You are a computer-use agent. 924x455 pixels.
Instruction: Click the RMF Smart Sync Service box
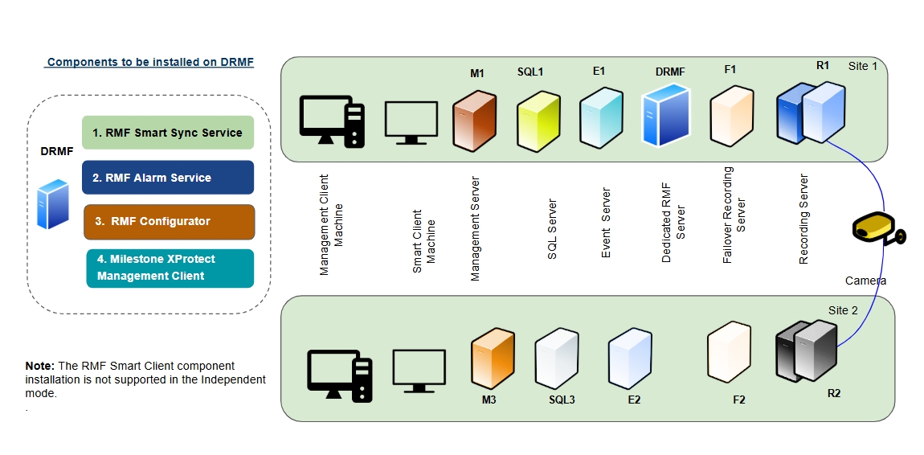coord(167,133)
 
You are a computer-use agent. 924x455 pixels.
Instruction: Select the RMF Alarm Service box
coord(167,178)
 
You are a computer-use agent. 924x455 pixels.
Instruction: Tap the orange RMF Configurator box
coord(169,222)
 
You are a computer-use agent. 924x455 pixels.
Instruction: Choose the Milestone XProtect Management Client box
coord(170,268)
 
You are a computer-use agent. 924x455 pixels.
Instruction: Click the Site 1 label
coord(863,66)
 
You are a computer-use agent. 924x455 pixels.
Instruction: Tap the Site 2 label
coord(843,310)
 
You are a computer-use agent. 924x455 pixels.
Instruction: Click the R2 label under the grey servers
coord(834,393)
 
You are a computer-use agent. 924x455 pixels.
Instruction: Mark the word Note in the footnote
coord(40,366)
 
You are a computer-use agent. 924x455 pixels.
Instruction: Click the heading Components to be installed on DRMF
coord(150,62)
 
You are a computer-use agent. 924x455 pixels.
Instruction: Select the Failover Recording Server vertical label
coord(734,215)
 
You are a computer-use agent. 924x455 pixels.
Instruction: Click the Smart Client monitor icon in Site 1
coord(411,121)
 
